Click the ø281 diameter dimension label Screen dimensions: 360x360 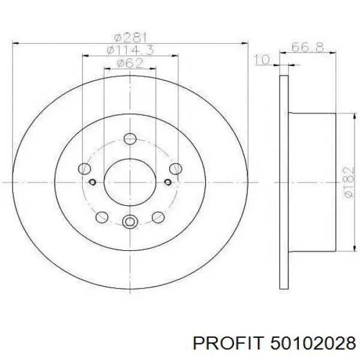click(x=130, y=38)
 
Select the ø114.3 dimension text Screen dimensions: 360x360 click(x=130, y=50)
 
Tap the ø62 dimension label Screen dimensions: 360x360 click(x=130, y=63)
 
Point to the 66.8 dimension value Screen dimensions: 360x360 click(x=308, y=47)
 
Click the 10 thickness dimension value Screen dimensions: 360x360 click(x=262, y=59)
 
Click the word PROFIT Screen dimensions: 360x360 click(x=227, y=343)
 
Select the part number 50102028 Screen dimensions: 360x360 click(x=313, y=343)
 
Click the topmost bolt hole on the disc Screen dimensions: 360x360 click(x=130, y=139)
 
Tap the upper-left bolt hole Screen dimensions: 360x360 click(x=85, y=169)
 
